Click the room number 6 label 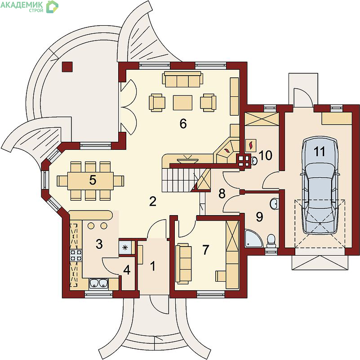[183, 124]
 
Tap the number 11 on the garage [320, 152]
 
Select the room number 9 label [259, 217]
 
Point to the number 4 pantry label [127, 270]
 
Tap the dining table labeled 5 [90, 181]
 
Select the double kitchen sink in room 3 [99, 283]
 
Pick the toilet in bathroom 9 [271, 241]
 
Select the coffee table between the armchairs [182, 103]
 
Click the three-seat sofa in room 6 [182, 79]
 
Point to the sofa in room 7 [183, 263]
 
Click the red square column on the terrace [67, 67]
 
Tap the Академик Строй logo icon [52, 6]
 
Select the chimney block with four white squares [244, 160]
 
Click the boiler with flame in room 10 [251, 145]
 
